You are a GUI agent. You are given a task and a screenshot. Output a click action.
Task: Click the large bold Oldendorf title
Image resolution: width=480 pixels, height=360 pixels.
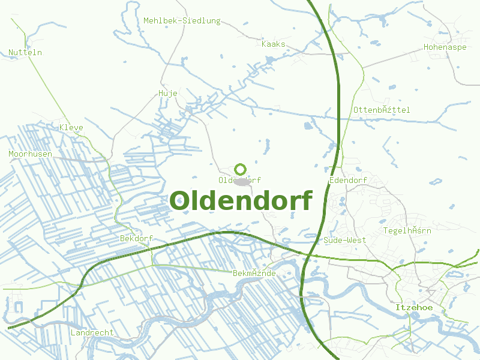tap(241, 200)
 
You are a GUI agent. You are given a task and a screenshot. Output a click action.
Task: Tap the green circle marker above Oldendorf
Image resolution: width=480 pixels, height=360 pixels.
tap(241, 169)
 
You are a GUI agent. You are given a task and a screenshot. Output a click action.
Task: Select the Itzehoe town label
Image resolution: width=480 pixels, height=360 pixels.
tap(414, 308)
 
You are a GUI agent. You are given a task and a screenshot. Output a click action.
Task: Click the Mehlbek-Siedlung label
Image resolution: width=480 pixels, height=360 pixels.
tap(182, 21)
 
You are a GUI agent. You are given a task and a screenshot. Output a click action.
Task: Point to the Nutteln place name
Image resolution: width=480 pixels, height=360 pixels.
tap(25, 53)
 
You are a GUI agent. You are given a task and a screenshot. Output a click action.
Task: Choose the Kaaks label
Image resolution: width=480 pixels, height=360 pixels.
tap(274, 44)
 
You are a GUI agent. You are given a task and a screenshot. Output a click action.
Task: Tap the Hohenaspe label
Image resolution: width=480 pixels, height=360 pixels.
tap(445, 47)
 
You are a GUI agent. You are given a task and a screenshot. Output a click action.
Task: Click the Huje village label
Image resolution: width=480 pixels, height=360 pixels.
tap(167, 93)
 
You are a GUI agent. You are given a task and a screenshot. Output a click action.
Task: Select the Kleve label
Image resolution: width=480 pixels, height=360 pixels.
tap(71, 128)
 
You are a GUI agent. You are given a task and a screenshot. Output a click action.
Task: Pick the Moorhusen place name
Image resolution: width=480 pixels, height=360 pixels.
tap(30, 154)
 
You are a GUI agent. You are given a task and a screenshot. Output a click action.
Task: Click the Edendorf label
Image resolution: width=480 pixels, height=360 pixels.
tap(348, 181)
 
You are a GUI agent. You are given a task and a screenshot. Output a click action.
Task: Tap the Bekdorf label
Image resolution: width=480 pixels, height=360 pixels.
tap(136, 238)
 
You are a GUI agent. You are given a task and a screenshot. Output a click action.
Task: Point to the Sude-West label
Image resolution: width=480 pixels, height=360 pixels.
tap(344, 240)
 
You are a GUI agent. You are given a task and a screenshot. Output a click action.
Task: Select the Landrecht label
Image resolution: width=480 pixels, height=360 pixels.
tap(92, 332)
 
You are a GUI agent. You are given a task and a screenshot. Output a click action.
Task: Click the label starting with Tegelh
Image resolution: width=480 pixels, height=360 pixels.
tap(407, 230)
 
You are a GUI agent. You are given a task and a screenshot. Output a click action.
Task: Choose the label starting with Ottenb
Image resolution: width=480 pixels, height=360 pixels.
tap(381, 110)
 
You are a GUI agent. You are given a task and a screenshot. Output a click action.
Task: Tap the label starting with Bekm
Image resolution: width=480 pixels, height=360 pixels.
tap(254, 274)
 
